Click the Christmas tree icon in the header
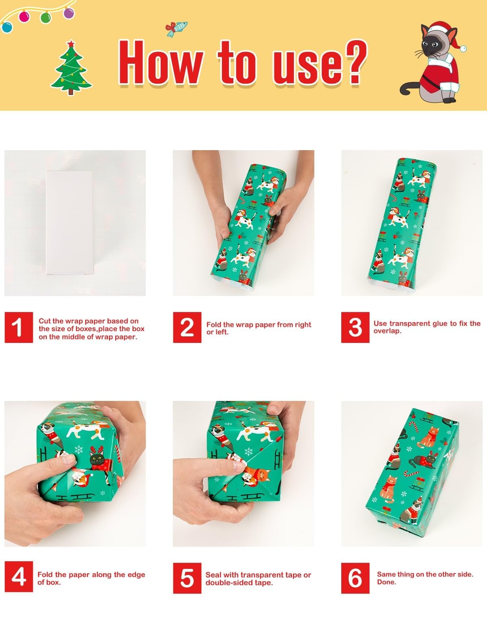[71, 69]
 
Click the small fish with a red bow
[176, 28]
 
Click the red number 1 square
[19, 327]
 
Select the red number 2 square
[187, 327]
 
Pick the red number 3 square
[355, 327]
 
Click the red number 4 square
[19, 578]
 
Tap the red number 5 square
[187, 578]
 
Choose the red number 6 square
[355, 578]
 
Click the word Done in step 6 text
[386, 582]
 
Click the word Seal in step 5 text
[213, 575]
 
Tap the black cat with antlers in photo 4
[98, 460]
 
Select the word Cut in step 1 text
[45, 321]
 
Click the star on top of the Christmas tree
[71, 43]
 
